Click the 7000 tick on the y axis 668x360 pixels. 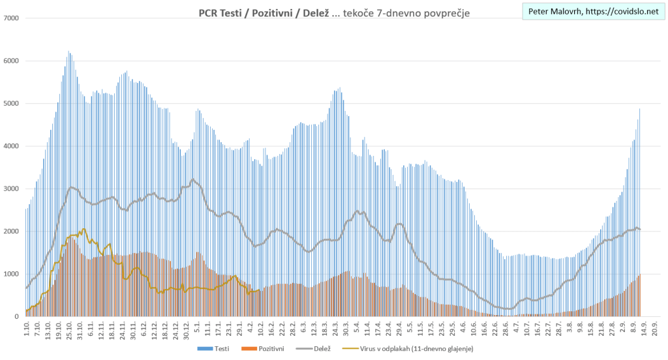tap(12, 18)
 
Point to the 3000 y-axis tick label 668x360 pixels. tap(12, 188)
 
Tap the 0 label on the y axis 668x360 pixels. tap(17, 316)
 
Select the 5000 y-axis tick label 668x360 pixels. tap(12, 104)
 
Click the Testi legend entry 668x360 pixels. tap(219, 350)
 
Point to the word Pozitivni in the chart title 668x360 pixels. tap(276, 13)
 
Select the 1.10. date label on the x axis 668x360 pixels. tap(27, 329)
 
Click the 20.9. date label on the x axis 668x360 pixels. tap(654, 329)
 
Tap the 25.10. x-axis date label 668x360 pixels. tap(69, 330)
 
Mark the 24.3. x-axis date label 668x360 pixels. tap(336, 330)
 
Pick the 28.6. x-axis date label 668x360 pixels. tap(506, 330)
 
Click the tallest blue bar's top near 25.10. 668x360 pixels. tap(68, 52)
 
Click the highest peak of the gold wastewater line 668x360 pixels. tap(83, 229)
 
